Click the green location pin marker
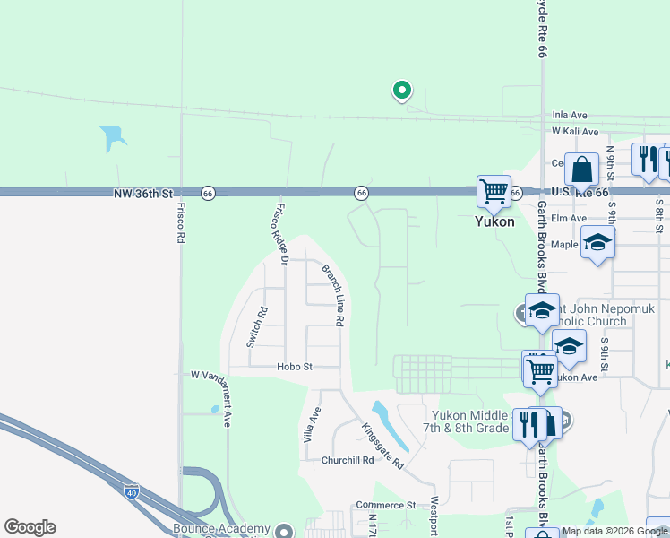point(402,90)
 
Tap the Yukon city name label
point(494,221)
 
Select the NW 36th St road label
point(142,193)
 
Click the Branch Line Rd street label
point(334,294)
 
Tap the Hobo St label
point(294,367)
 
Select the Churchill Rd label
point(348,460)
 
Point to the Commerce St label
point(385,505)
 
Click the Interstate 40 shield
point(132,490)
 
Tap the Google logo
point(30,527)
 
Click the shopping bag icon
point(581,169)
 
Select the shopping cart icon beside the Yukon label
point(494,191)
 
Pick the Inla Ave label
point(569,115)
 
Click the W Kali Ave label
point(574,131)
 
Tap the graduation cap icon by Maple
point(597,241)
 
